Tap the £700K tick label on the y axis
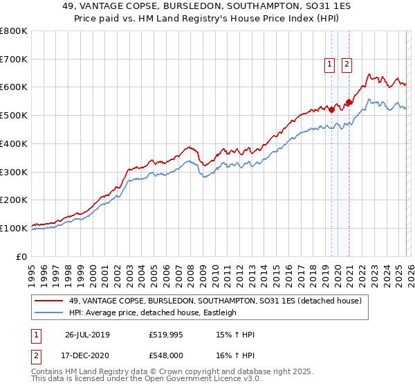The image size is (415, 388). tap(14, 60)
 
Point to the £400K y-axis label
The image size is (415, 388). tap(14, 144)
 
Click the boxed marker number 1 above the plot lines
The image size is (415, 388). tap(330, 64)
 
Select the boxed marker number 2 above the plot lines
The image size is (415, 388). tap(346, 64)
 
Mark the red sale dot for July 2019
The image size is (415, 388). tap(332, 109)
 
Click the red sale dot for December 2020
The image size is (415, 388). tap(349, 103)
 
